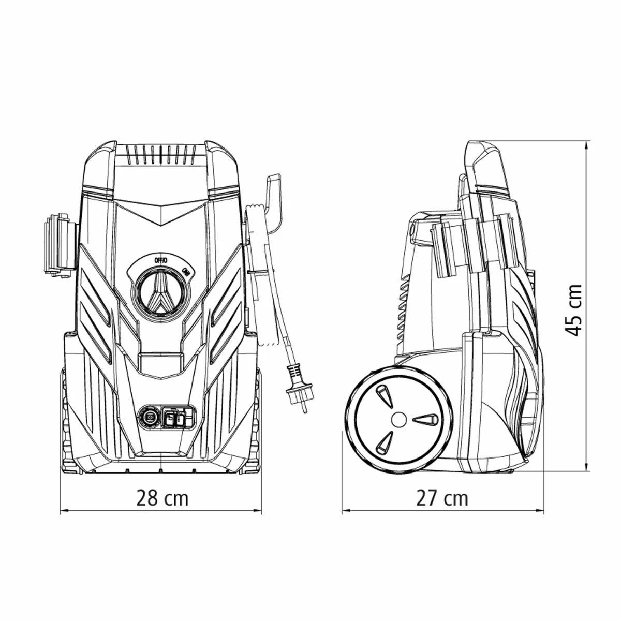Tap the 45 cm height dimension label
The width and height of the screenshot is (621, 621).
coord(575,309)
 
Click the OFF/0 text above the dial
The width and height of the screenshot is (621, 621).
coord(161,260)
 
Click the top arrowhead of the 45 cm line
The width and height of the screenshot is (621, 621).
coord(587,145)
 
